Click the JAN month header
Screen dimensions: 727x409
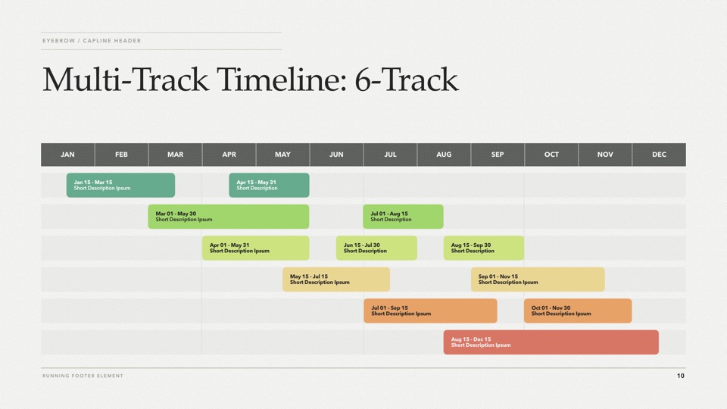point(67,155)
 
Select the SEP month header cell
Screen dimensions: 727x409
point(498,155)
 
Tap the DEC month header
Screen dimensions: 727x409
point(659,155)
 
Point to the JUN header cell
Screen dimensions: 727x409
point(336,155)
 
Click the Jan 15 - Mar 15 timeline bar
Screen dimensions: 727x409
point(120,185)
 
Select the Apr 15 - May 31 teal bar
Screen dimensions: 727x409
point(269,185)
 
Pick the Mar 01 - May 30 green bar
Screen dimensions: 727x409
point(229,217)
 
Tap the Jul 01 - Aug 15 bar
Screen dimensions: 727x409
point(403,217)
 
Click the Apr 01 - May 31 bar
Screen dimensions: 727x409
point(255,248)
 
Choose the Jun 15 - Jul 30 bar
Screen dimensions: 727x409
point(376,248)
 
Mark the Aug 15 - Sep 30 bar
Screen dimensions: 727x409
point(484,248)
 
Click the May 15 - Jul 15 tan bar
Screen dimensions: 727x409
point(336,279)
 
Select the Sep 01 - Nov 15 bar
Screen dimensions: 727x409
point(538,279)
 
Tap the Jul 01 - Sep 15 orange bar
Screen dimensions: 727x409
point(430,311)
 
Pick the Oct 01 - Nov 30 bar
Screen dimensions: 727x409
point(578,311)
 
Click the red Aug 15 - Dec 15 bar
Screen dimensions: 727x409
point(551,342)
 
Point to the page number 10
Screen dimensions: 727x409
point(681,376)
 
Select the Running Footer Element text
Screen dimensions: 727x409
point(83,376)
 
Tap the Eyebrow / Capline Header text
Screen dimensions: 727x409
point(92,41)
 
